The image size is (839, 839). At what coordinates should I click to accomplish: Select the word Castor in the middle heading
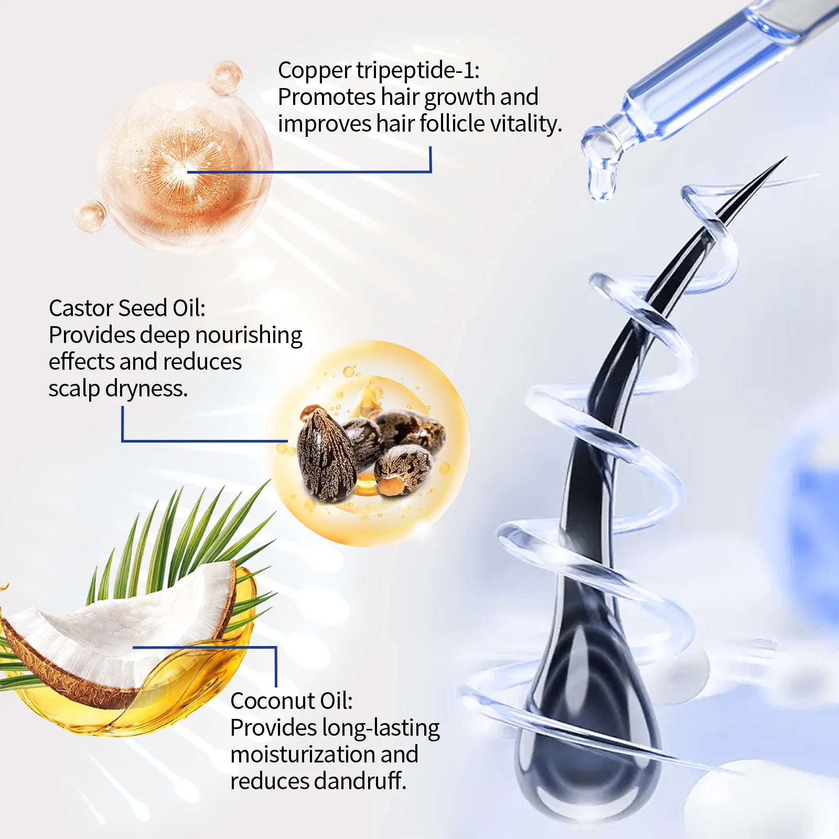tap(82, 308)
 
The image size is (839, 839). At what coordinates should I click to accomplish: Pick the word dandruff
tap(360, 781)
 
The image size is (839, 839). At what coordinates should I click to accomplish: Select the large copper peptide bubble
tap(184, 168)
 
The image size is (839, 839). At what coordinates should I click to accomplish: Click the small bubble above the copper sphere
tap(225, 76)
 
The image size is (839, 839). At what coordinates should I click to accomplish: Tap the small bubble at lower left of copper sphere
tap(90, 216)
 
